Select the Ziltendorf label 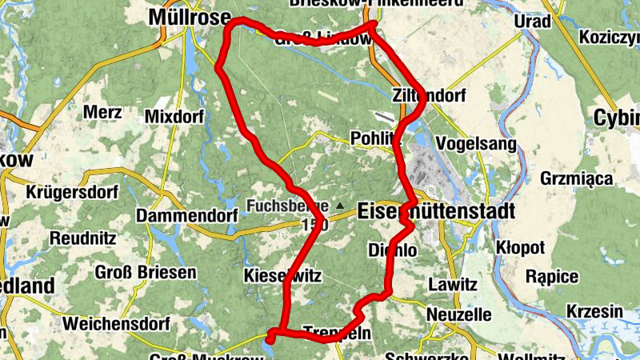428,95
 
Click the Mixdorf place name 175,117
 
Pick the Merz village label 102,112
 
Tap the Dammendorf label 187,217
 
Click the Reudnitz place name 82,238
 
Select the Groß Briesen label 146,273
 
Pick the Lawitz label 453,284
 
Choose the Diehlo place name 392,250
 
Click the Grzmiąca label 577,178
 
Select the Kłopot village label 520,247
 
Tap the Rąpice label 552,277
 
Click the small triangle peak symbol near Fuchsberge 340,206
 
